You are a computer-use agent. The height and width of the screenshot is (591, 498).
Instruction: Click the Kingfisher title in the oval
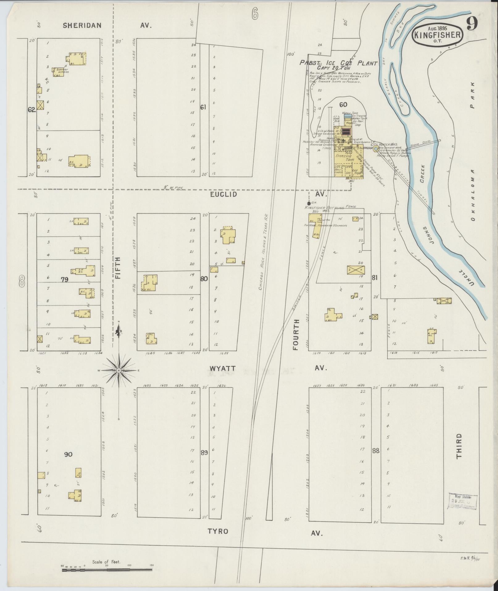437,35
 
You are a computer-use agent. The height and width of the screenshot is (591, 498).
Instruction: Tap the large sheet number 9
472,24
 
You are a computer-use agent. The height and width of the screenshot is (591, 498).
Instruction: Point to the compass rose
119,370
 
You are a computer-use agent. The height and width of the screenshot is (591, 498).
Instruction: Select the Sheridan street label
82,25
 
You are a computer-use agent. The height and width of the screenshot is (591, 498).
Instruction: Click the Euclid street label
224,194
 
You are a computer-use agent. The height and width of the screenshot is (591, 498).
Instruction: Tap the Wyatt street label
223,369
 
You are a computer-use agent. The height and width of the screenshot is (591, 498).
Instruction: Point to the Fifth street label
118,268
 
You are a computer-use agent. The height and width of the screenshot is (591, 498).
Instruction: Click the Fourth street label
296,335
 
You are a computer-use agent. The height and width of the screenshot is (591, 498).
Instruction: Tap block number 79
64,280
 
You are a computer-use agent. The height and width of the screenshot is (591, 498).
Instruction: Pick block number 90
68,454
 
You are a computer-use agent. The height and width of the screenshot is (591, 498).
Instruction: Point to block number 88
376,451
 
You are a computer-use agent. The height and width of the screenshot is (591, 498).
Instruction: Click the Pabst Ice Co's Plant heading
339,63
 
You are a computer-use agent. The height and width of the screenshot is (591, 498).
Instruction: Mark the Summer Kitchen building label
62,71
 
